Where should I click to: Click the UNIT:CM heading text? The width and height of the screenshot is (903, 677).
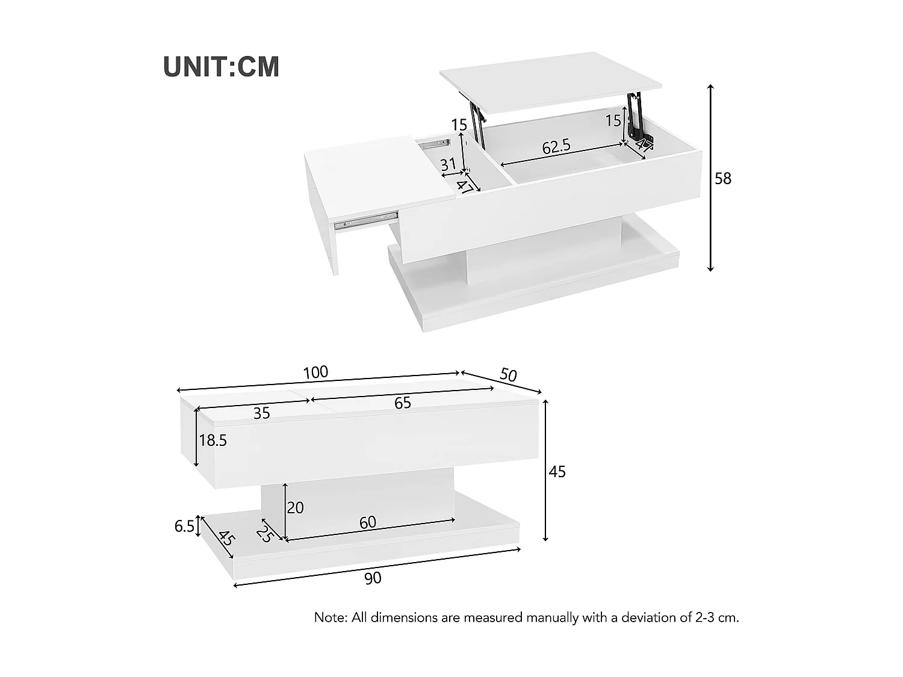(222, 67)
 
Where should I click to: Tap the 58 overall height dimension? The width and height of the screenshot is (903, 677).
(722, 179)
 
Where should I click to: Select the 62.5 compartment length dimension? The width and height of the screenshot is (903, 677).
(556, 146)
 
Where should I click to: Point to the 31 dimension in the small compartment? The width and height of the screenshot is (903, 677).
(448, 164)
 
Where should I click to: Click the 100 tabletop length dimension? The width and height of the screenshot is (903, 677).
(315, 373)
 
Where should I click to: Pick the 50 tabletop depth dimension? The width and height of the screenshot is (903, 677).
(508, 375)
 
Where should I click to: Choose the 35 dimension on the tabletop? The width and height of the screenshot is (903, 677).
(261, 413)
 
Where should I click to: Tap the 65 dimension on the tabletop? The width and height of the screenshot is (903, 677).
(403, 403)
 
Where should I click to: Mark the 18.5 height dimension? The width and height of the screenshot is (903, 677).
(213, 441)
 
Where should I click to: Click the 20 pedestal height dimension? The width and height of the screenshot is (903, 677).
(295, 508)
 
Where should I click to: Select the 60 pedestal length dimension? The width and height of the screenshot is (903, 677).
(367, 522)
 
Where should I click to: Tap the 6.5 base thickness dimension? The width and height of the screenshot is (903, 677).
(184, 527)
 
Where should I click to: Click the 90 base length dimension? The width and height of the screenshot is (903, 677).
(373, 578)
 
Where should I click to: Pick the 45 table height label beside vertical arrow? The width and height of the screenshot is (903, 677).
(557, 472)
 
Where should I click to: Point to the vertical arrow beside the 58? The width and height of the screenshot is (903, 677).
(710, 178)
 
